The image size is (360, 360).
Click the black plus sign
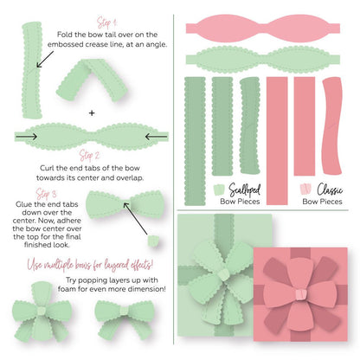point(91,112)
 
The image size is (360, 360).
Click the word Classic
point(328,188)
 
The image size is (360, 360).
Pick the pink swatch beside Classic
point(304,189)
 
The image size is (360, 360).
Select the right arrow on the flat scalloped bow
point(157,136)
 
